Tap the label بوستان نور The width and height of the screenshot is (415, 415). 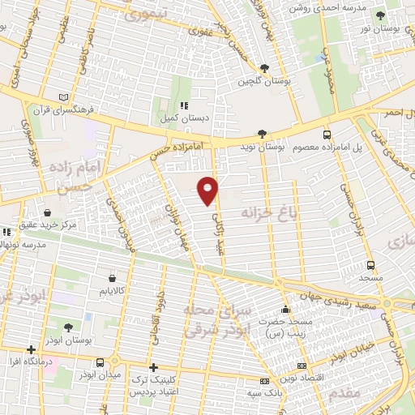pos(380,28)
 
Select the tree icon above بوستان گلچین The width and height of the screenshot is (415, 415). pos(264,69)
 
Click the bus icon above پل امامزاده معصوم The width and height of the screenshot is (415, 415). pos(327,135)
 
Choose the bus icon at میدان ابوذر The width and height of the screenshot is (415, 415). pos(100,363)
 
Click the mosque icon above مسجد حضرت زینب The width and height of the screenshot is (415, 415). pos(285,309)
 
